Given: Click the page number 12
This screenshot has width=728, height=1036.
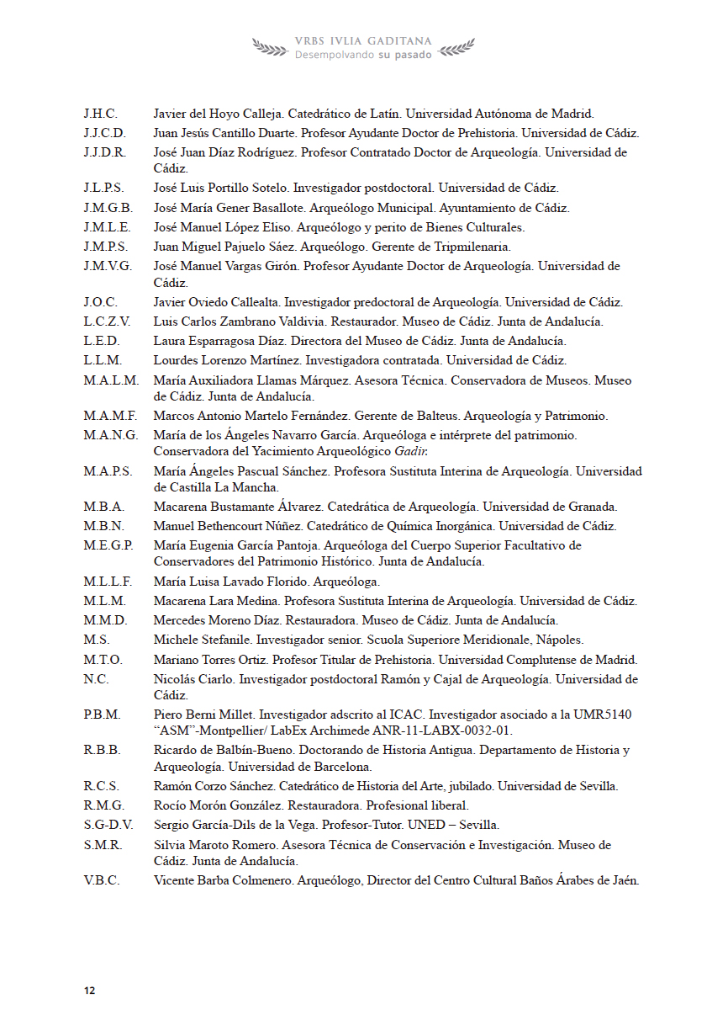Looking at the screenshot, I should (x=89, y=991).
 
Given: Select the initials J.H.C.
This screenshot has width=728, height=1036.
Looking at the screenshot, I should (x=100, y=114).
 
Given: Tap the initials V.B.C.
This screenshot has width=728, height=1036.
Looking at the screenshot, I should (x=101, y=880).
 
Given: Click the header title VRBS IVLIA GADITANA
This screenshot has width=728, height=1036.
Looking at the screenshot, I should (x=363, y=40).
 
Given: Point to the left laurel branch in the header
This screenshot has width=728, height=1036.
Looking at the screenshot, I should (x=271, y=48).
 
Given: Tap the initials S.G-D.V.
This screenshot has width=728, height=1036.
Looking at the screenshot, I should (x=108, y=825).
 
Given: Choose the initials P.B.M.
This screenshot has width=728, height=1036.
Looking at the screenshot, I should (x=102, y=715).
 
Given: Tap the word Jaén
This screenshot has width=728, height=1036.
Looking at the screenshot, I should (x=625, y=880).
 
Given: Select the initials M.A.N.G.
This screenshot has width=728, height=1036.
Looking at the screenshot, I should (x=111, y=435).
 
